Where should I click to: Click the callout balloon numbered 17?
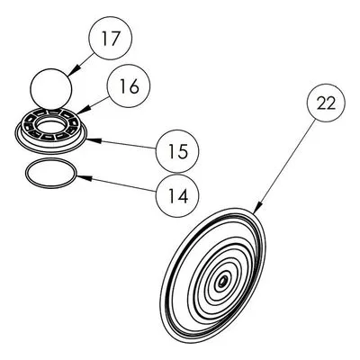point(111,38)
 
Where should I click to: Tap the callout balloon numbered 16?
point(129,85)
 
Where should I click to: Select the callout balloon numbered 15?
point(177,151)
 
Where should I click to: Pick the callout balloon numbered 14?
point(177,195)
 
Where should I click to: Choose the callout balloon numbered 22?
point(326,103)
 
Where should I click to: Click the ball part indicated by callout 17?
point(51,89)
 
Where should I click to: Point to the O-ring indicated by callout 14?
point(50,174)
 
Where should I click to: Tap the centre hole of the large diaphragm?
point(222,282)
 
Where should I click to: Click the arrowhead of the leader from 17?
point(71,72)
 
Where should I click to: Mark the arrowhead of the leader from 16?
point(81,111)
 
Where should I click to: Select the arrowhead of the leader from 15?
point(92,139)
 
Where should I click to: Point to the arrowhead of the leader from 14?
point(83,177)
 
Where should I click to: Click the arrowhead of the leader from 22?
point(258,209)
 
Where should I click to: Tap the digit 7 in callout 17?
point(115,38)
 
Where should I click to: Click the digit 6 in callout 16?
point(134,85)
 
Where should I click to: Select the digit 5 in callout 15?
point(183,151)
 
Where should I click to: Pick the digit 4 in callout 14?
point(182,196)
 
